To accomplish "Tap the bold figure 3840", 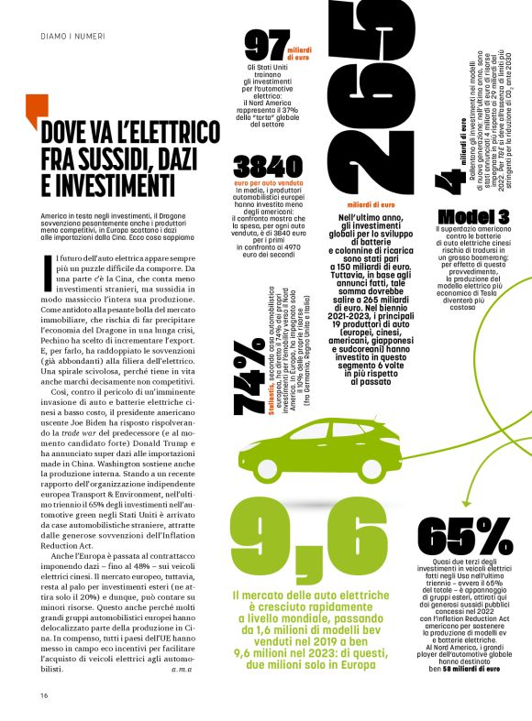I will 266,167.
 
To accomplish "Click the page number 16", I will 43,694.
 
